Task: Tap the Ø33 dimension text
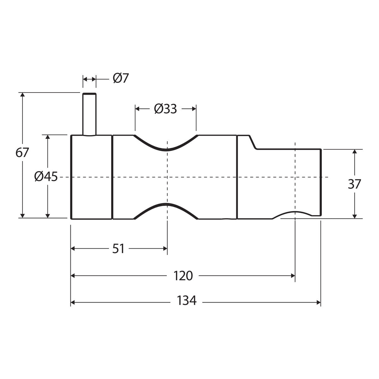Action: pos(165,109)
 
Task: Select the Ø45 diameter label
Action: pos(46,177)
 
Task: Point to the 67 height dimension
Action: pos(22,153)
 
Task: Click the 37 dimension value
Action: pos(354,184)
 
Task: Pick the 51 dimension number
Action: pos(118,249)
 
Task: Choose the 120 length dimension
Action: pos(183,276)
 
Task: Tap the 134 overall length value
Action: pos(187,301)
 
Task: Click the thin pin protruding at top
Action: pos(89,114)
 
